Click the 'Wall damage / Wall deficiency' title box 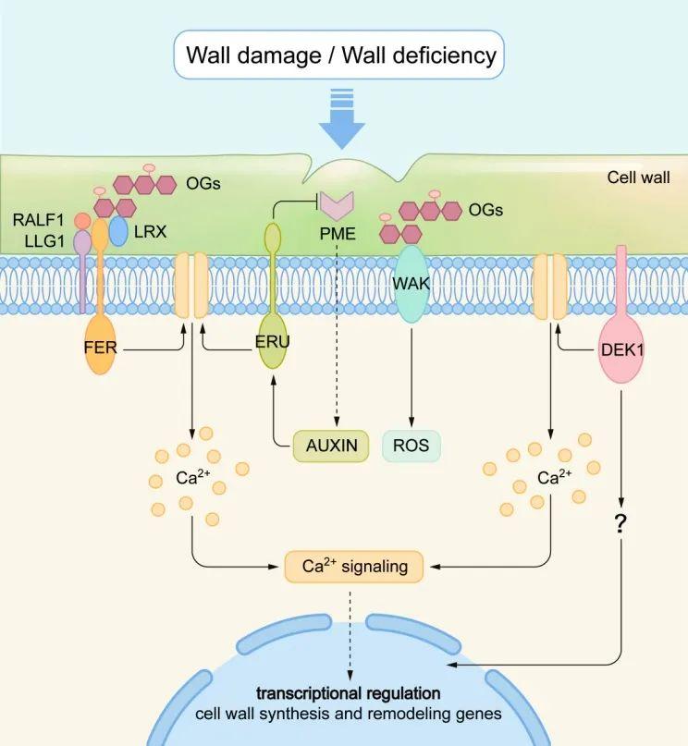(341, 56)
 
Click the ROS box (411, 445)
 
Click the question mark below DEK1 (621, 523)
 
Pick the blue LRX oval (118, 230)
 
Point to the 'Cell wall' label (638, 177)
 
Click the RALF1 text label (39, 220)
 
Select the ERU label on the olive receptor (273, 341)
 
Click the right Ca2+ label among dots (552, 481)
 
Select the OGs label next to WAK (485, 210)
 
